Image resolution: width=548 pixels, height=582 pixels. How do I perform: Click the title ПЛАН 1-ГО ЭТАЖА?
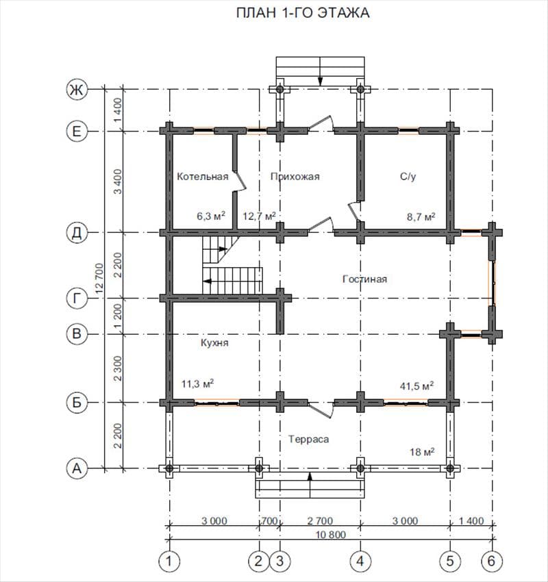[303, 13]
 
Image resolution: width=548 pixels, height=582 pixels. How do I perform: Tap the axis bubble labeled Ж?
[77, 90]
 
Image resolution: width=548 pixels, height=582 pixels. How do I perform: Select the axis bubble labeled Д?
[77, 233]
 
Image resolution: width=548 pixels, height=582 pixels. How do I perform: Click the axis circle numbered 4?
[360, 561]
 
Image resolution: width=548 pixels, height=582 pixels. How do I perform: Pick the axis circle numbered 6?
[492, 561]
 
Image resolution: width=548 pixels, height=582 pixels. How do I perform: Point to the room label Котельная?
[202, 176]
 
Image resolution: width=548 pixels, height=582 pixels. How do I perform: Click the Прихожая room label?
[295, 176]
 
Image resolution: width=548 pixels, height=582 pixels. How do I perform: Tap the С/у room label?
[408, 176]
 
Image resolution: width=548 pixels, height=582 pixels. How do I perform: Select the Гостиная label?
[364, 279]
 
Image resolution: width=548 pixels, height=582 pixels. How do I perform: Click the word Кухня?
[214, 342]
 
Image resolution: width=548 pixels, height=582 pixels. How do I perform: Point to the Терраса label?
[308, 439]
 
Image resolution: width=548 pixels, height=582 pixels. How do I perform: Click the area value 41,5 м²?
[416, 386]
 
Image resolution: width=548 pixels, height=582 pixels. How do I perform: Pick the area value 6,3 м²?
[211, 216]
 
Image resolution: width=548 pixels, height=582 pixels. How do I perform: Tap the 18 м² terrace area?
[422, 452]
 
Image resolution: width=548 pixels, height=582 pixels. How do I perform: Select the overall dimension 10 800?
[331, 535]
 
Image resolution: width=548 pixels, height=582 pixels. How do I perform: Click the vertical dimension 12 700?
[99, 279]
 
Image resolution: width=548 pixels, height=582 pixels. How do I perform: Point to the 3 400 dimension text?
[118, 181]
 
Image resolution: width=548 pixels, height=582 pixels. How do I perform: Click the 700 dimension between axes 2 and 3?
[270, 521]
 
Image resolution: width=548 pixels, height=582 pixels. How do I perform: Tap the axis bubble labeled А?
[77, 468]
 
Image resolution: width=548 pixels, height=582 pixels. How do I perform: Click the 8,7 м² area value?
[421, 216]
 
